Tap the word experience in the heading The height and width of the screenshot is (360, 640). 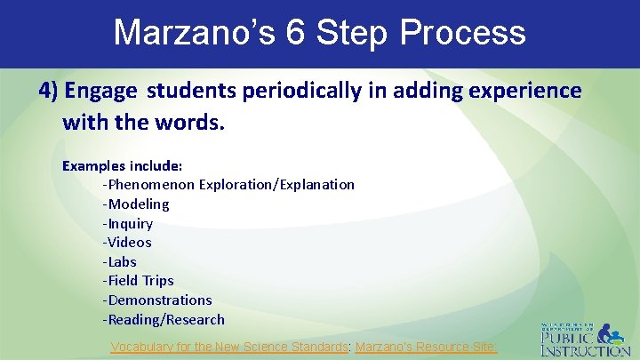(529, 91)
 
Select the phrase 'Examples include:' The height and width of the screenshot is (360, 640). (122, 165)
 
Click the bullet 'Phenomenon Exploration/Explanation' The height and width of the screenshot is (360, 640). (228, 185)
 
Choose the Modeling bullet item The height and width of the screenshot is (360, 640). (136, 204)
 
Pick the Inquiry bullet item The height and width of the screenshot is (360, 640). (128, 224)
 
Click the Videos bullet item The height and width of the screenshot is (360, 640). (127, 243)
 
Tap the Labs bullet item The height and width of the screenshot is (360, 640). (120, 262)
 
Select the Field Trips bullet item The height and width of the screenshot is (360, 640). (138, 281)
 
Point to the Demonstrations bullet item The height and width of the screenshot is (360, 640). (157, 300)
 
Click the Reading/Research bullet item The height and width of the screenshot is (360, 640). (164, 320)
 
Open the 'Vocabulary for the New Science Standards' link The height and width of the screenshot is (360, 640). (229, 348)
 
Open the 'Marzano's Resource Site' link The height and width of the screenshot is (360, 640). (426, 348)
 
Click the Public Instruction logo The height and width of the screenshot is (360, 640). (585, 339)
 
